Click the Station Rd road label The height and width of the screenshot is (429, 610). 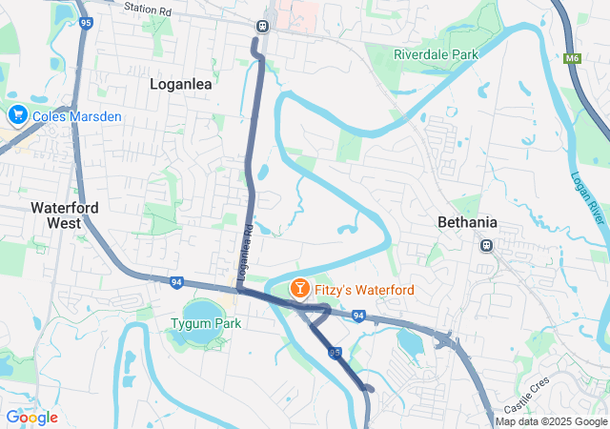tap(147, 9)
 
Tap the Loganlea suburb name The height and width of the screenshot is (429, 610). tap(181, 83)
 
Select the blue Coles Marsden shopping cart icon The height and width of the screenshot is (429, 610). tap(17, 115)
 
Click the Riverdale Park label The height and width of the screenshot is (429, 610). tap(436, 55)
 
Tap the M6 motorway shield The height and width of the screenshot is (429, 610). tap(572, 59)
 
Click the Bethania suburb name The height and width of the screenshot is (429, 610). tap(467, 222)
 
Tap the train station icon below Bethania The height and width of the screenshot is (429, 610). tap(486, 245)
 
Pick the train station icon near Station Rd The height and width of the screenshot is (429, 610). tap(262, 25)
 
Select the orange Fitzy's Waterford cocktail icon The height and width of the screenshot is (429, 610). tap(299, 287)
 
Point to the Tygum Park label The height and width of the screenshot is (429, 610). tap(206, 323)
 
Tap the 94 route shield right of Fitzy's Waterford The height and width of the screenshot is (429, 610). tap(358, 315)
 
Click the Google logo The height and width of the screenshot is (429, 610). tap(31, 418)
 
